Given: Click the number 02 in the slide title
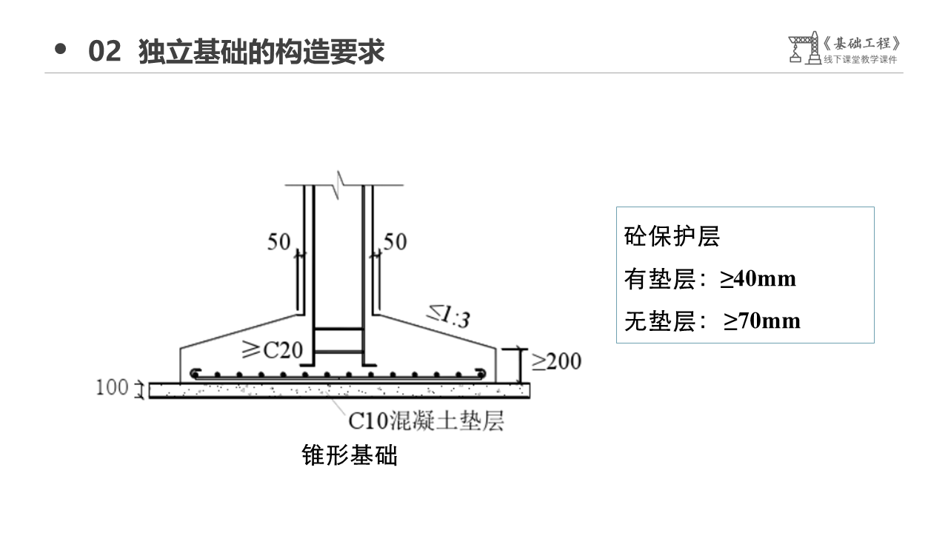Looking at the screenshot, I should pos(104,52).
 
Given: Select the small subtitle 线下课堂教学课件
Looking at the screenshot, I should pos(860,60).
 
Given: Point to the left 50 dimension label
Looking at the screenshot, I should pos(279,242).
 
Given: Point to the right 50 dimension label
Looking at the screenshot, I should pos(395,242).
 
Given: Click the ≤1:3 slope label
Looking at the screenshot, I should pos(448,315).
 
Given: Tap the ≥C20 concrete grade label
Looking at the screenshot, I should pos(273,349).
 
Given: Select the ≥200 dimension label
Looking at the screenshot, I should pos(556,361).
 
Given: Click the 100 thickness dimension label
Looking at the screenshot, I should pos(112,387).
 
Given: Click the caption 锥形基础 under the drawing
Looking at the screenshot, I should pos(350,455).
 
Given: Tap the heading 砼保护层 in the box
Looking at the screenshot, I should pos(672,237).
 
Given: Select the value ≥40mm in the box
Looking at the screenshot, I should pos(758,279).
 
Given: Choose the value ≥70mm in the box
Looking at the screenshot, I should pos(762,321).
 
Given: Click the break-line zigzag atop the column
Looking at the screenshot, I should pos(340,180).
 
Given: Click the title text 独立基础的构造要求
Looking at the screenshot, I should pos(261,52).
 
